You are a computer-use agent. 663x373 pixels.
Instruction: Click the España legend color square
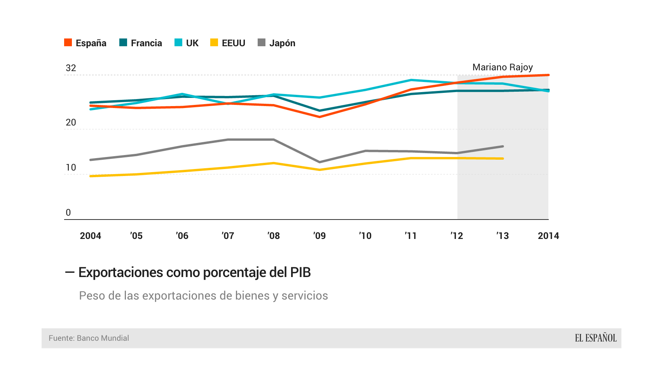tap(68, 43)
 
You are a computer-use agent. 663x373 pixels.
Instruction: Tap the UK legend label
tap(192, 43)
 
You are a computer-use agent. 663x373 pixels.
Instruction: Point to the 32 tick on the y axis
tap(71, 68)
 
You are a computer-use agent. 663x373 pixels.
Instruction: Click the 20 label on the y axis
tap(71, 123)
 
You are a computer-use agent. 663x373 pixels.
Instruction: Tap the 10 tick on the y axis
tap(71, 168)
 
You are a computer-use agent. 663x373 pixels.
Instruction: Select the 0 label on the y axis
tap(68, 213)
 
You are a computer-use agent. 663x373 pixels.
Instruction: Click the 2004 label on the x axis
tap(91, 236)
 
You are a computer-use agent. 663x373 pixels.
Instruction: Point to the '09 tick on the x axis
tap(319, 236)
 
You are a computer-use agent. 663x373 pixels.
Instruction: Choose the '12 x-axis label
tap(457, 236)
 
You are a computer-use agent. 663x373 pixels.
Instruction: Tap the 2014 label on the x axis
tap(548, 236)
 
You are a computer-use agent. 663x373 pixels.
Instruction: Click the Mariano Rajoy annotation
tap(502, 67)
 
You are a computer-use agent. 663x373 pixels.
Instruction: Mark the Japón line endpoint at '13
tap(503, 146)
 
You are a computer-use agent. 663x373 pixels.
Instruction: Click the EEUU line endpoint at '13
tap(503, 159)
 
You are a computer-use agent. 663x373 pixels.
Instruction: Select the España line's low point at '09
tap(320, 117)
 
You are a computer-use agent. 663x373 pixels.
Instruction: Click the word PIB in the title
tap(300, 272)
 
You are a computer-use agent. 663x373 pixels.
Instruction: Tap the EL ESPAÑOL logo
tap(595, 338)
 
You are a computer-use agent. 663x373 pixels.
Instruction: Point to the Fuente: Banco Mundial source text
tap(89, 338)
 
